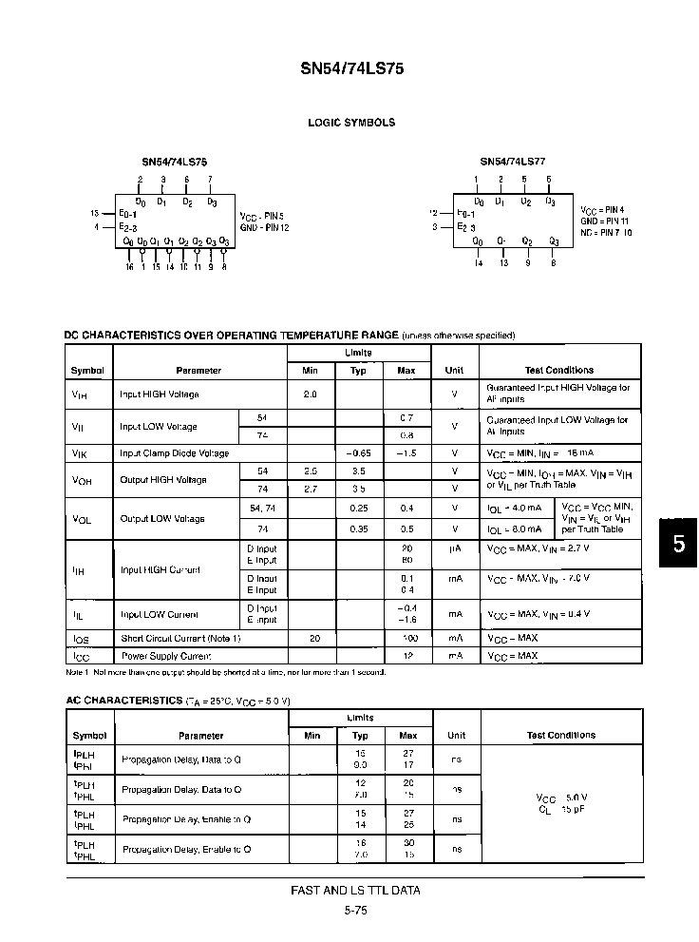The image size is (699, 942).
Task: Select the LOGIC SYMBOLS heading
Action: pyautogui.click(x=351, y=123)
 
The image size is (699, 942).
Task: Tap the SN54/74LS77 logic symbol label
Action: pyautogui.click(x=512, y=162)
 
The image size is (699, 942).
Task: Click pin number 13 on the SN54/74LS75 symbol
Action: pyautogui.click(x=95, y=213)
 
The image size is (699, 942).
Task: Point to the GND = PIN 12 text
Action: pyautogui.click(x=265, y=227)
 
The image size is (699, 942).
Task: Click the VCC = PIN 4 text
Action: pyautogui.click(x=602, y=209)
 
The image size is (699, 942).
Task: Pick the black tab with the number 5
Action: pyautogui.click(x=678, y=545)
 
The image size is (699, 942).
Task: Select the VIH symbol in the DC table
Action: pyautogui.click(x=79, y=394)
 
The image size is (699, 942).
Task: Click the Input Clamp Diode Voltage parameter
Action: pyautogui.click(x=174, y=453)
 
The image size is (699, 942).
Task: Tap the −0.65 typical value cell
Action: pyautogui.click(x=358, y=453)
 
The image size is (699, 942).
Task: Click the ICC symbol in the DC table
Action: pyautogui.click(x=79, y=656)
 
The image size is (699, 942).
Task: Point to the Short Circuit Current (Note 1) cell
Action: pyautogui.click(x=180, y=639)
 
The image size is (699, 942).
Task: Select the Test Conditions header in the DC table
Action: pyautogui.click(x=559, y=371)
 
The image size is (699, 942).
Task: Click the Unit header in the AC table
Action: pyautogui.click(x=456, y=735)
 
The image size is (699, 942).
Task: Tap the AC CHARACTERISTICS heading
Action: pyautogui.click(x=123, y=701)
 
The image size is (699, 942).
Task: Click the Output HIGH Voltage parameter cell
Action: pyautogui.click(x=163, y=480)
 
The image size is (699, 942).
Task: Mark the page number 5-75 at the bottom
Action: pyautogui.click(x=355, y=910)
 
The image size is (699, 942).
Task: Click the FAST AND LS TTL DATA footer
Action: pyautogui.click(x=355, y=891)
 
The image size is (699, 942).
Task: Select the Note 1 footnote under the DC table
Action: pyautogui.click(x=225, y=672)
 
